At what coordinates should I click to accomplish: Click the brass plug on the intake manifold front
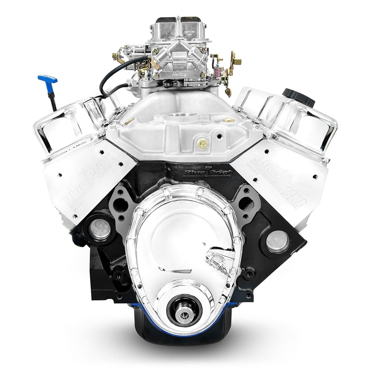[x=203, y=143]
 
